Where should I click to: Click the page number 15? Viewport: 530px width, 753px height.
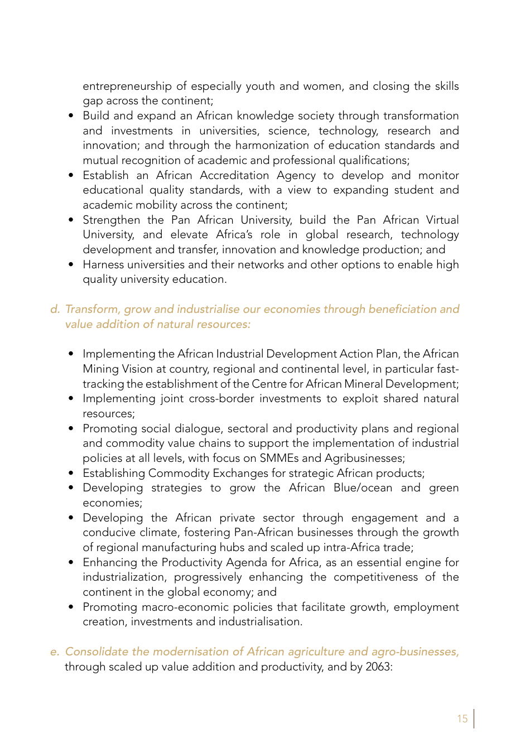click(462, 718)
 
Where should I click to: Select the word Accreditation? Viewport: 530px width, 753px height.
click(234, 176)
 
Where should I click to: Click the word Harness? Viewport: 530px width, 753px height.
click(103, 265)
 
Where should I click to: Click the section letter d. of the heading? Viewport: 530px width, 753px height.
click(55, 310)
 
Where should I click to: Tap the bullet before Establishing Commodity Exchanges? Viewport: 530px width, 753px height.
click(71, 474)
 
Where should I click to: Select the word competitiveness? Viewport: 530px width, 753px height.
click(375, 577)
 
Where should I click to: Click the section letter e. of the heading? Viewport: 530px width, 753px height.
click(55, 652)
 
